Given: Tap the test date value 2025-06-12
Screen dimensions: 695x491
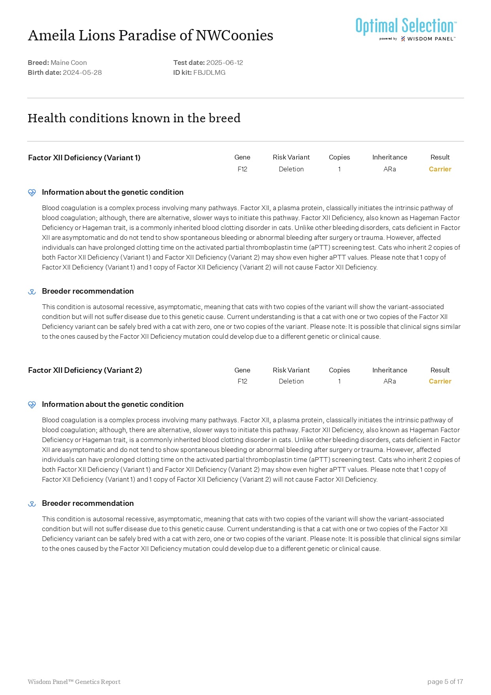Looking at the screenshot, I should (225, 63).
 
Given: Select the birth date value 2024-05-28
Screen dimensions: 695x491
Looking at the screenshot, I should (82, 72).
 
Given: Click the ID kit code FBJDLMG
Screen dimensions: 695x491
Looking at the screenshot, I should (209, 72).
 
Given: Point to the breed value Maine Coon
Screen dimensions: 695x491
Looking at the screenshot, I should (69, 63).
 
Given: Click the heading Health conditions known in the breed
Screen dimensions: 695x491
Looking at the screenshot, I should (134, 118).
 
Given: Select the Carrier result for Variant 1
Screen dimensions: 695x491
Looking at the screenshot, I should (440, 169).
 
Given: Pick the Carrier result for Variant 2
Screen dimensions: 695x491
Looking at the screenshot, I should (440, 381).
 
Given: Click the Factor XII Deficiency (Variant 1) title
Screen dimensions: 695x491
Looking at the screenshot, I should (84, 158).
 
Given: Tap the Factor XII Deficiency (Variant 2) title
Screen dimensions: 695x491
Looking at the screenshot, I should (85, 370).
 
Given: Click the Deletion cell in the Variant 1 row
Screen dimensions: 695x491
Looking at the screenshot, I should (291, 169).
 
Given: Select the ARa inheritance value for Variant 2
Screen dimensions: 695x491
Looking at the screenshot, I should (389, 381).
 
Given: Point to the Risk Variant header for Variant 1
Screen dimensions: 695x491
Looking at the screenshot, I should (291, 157).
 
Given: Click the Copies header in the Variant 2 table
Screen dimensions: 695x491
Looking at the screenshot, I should (339, 370).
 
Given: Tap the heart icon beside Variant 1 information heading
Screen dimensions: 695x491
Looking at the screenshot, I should (32, 192).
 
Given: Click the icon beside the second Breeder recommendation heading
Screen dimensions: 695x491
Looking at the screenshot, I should (32, 503).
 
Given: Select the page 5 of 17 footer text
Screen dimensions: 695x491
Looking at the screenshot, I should (445, 682).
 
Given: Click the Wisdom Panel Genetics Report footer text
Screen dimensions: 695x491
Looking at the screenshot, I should (74, 682).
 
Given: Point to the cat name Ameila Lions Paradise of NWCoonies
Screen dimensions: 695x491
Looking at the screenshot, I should (150, 35).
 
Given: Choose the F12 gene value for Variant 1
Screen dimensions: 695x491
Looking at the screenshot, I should (242, 169).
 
